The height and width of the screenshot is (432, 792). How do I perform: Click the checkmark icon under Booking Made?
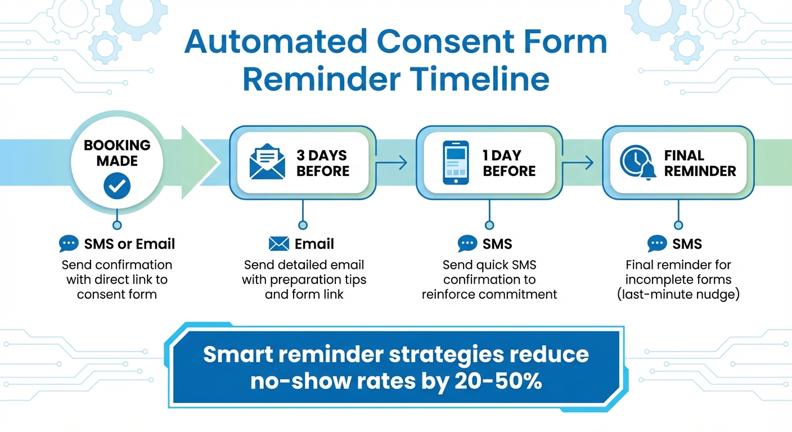click(117, 186)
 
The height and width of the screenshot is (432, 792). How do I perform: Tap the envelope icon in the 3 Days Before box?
click(267, 163)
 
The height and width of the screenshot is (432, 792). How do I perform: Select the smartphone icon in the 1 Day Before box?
click(456, 163)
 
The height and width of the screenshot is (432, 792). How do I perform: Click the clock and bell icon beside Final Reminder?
click(637, 163)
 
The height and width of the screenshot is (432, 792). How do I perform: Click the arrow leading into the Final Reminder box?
click(578, 163)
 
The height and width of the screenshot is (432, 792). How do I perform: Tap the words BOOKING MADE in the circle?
click(117, 152)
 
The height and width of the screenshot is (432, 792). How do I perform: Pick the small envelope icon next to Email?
click(279, 244)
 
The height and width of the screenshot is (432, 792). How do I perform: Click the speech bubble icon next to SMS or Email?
click(69, 244)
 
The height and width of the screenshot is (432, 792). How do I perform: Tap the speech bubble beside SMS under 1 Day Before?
click(467, 244)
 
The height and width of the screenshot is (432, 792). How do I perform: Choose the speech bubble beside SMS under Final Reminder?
click(657, 244)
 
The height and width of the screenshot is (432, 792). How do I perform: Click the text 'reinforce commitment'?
click(489, 294)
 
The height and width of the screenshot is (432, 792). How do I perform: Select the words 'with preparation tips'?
click(304, 280)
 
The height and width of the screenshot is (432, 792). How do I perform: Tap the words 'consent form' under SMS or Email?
click(117, 294)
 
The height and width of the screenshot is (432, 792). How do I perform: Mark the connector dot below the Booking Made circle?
click(117, 225)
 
